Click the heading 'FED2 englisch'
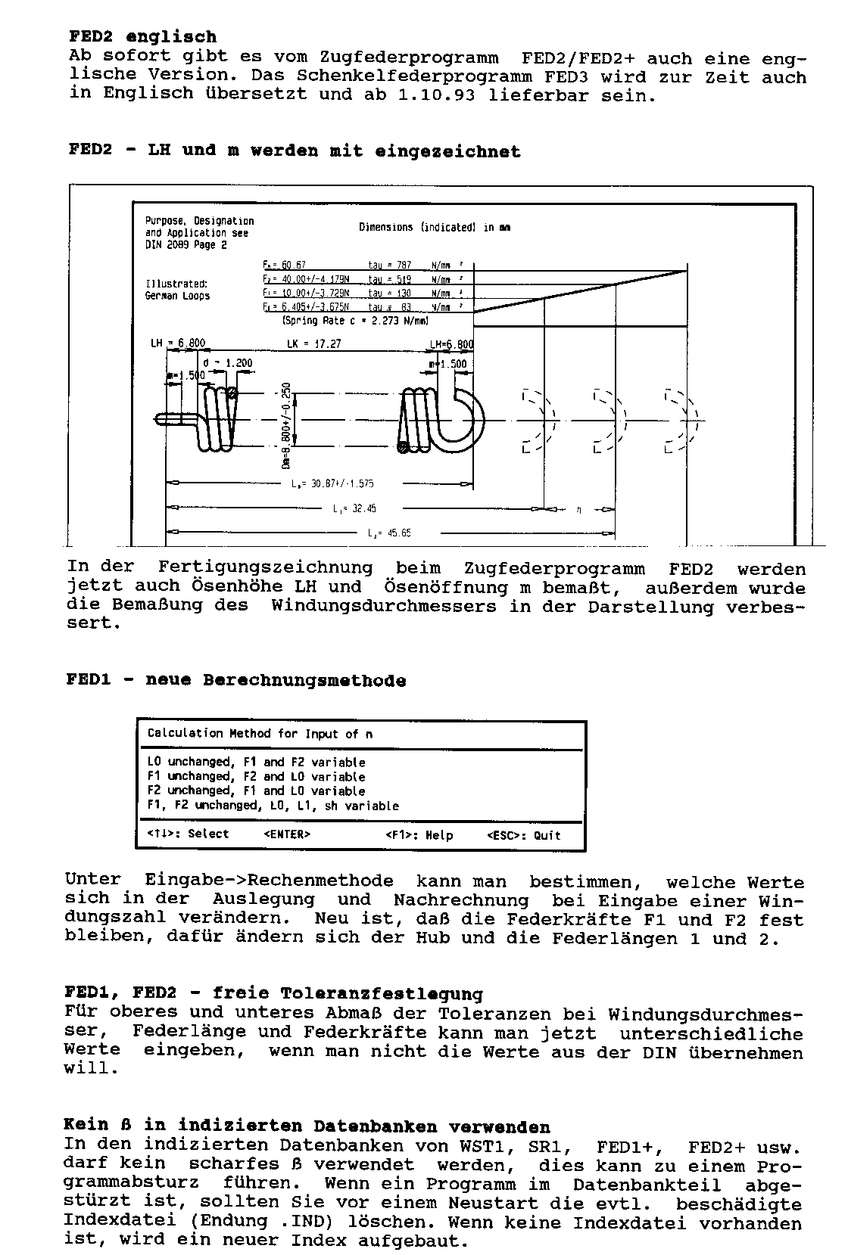(143, 36)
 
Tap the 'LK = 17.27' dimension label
(313, 343)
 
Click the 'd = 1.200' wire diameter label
(228, 362)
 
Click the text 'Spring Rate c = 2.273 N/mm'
(355, 321)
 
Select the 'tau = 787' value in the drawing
(389, 265)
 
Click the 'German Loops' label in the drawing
(177, 296)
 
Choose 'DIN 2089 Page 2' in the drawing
(185, 245)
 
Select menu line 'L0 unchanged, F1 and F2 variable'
(256, 763)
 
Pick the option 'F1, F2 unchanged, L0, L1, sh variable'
(273, 806)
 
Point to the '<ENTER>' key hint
(287, 834)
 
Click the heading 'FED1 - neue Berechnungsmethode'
(236, 680)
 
